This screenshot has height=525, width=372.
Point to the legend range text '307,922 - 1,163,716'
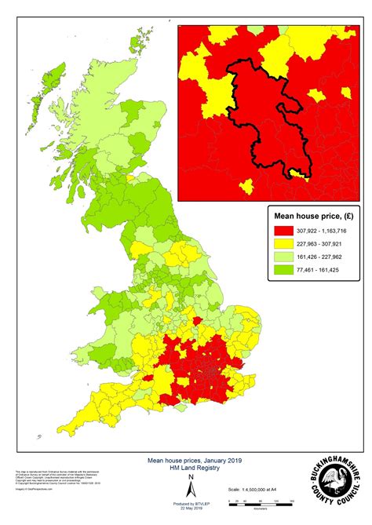tap(323, 231)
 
